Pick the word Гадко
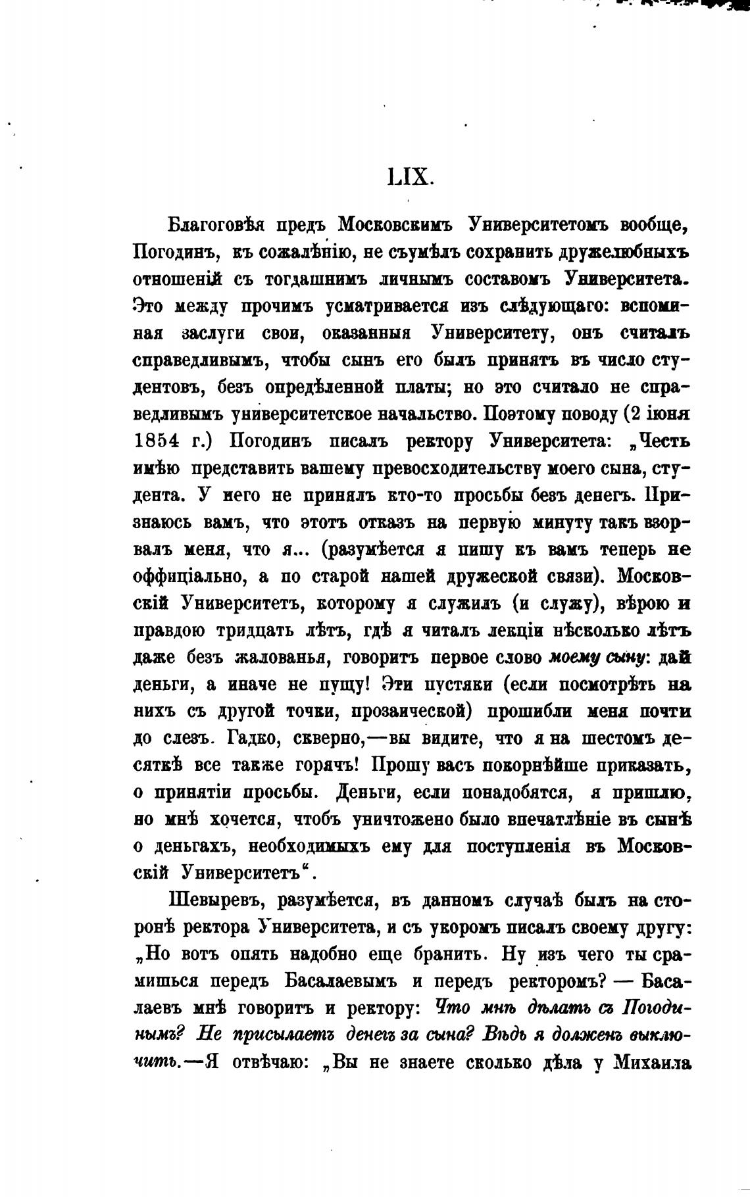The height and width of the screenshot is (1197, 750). coord(250,739)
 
